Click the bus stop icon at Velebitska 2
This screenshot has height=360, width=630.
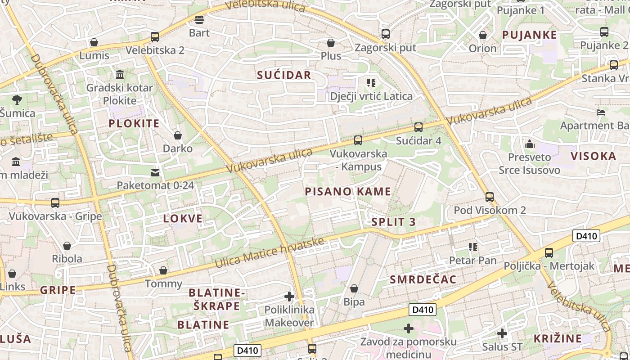155,37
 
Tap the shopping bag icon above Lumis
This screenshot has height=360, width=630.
94,42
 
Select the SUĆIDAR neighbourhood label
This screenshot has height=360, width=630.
284,75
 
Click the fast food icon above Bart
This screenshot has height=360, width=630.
199,19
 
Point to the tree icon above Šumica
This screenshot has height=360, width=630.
17,99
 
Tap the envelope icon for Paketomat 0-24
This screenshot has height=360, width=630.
155,172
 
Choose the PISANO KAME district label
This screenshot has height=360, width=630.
348,192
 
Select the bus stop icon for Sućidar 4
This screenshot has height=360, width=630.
418,127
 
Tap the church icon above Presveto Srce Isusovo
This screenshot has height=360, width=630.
529,144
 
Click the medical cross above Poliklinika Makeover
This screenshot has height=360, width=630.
289,297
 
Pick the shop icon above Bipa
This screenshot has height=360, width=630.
354,288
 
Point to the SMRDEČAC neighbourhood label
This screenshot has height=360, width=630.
423,279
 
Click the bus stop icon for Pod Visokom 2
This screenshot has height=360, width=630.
490,197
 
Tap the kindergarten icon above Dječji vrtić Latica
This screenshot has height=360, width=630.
371,83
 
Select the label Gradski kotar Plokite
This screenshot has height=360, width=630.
120,94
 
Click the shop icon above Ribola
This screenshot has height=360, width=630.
67,246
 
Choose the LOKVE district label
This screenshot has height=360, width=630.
183,219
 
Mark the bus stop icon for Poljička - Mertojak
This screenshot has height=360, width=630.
549,253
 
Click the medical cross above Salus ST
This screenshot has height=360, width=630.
502,333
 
